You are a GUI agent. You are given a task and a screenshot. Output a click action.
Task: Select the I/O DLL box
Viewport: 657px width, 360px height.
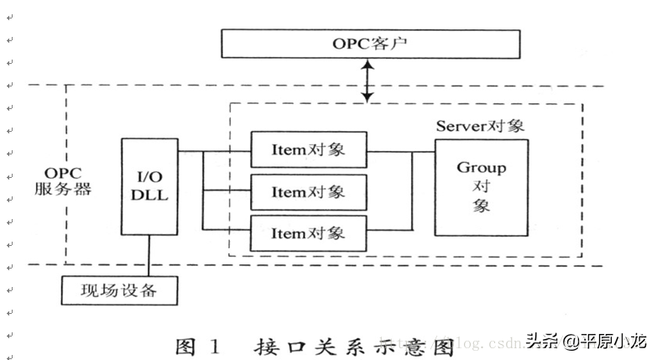point(149,186)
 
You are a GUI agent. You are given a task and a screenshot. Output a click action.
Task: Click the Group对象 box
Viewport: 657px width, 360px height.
point(481,187)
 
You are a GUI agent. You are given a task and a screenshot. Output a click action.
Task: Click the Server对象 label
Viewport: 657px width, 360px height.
point(480,126)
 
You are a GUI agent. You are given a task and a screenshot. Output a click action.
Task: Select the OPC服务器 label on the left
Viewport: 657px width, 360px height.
point(63,180)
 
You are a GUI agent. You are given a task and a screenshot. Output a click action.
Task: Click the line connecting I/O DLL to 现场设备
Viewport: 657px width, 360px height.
point(149,255)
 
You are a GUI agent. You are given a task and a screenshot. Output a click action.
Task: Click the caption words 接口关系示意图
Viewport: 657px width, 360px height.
point(353,346)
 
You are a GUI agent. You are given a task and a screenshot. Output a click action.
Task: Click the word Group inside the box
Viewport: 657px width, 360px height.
point(481,168)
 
